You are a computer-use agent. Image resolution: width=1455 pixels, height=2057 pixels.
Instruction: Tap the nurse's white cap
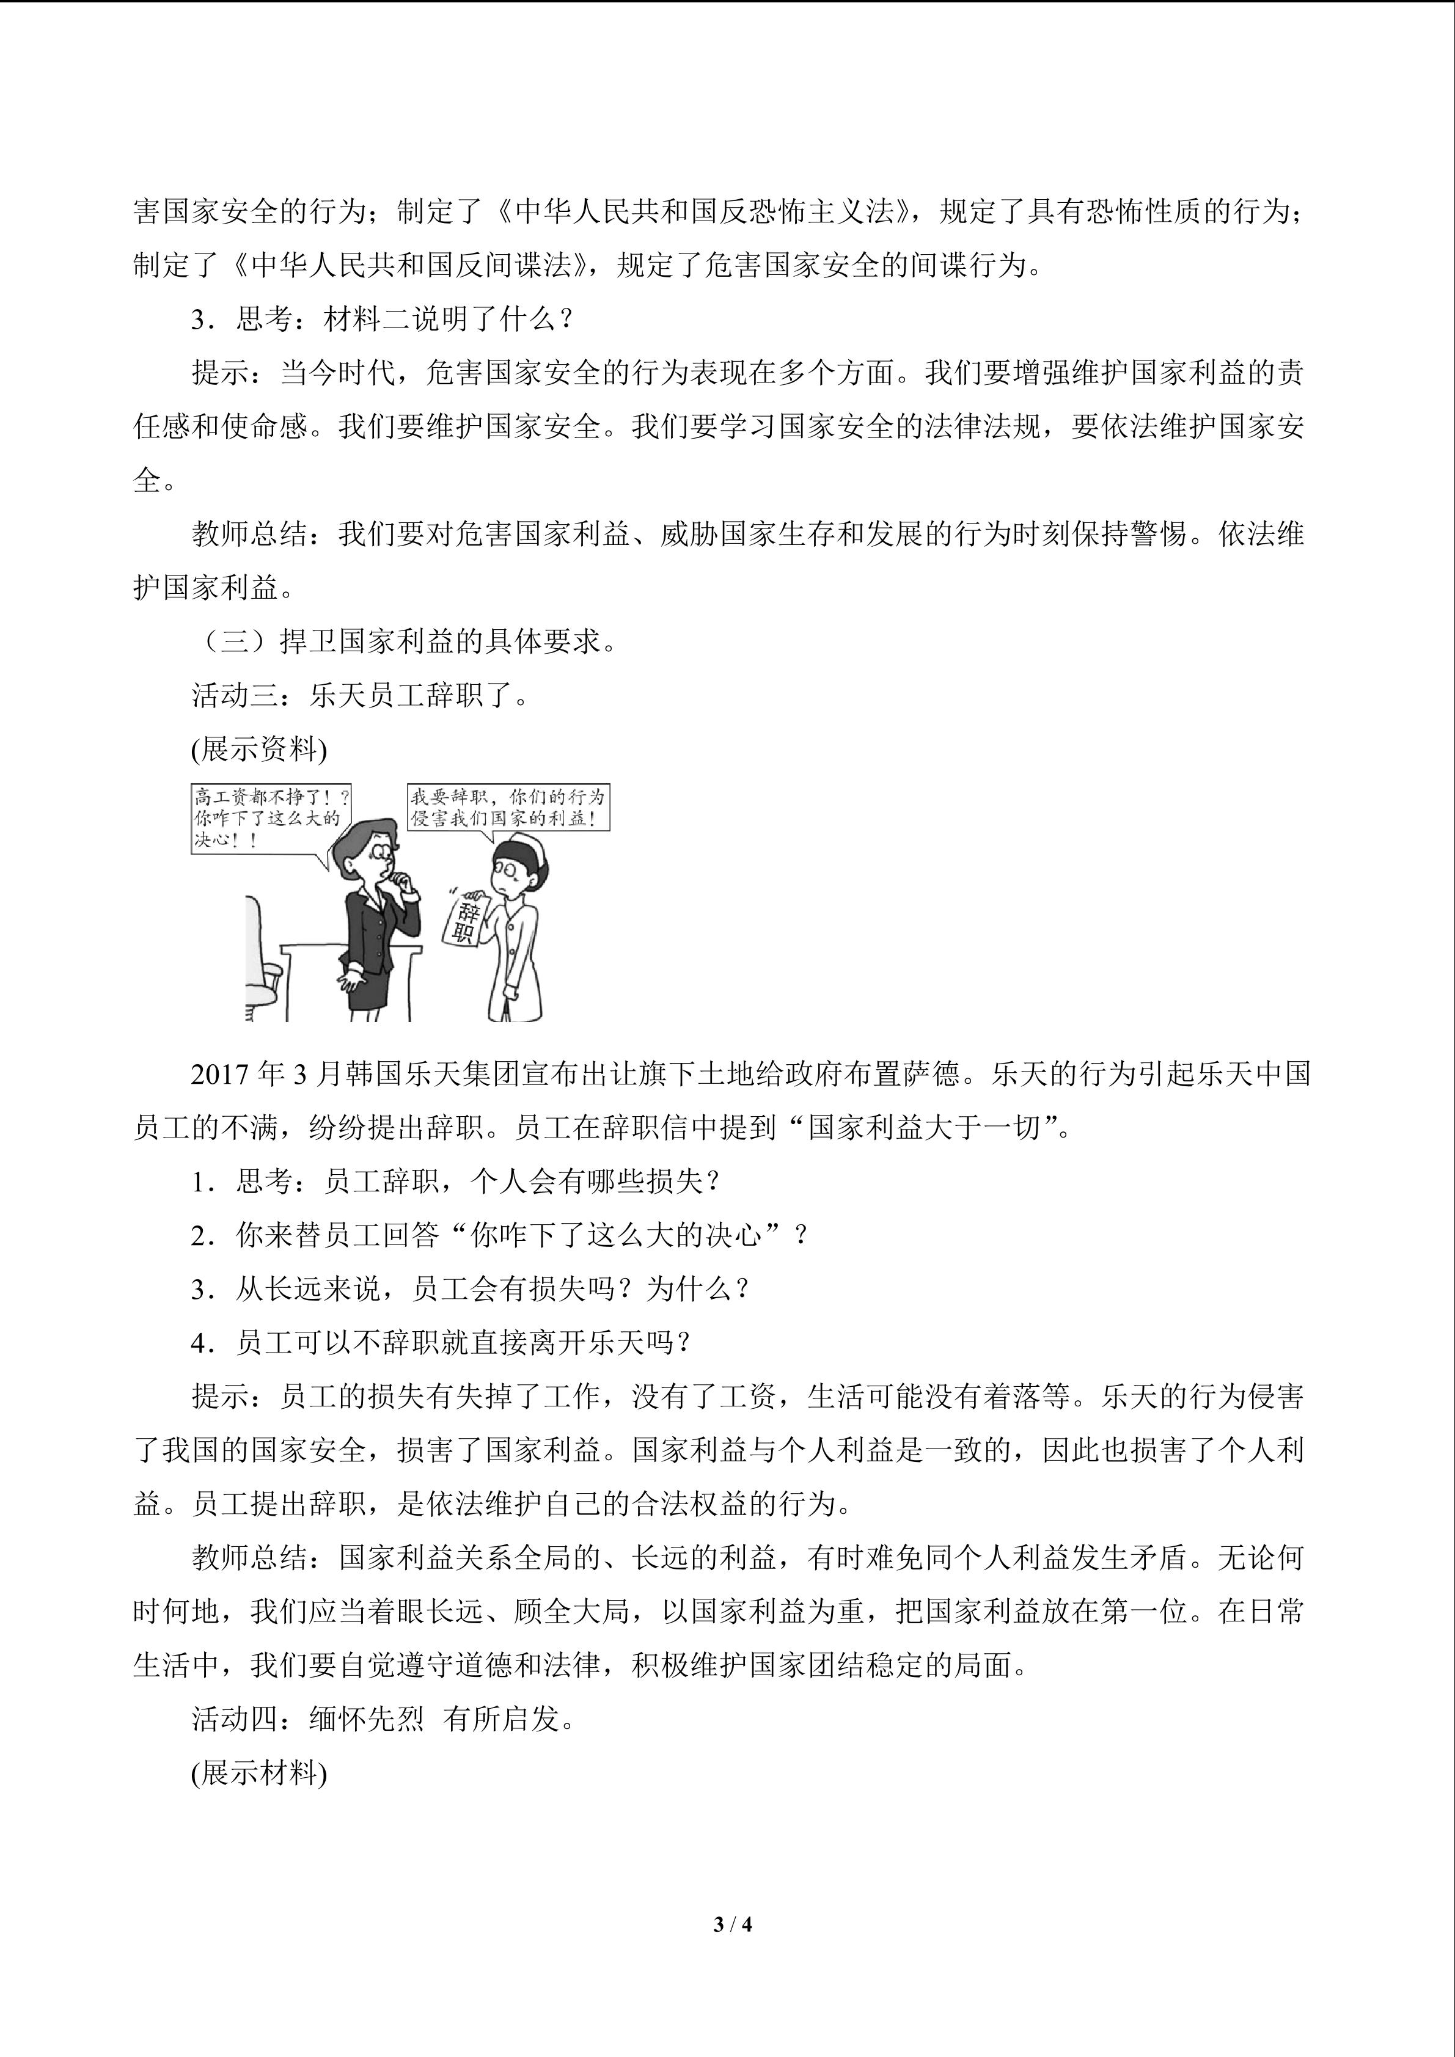[x=525, y=847]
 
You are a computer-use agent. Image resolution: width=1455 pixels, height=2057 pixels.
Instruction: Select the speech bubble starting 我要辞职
[x=507, y=807]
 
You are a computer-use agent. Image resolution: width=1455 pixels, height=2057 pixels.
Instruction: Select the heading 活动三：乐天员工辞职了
[x=360, y=695]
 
